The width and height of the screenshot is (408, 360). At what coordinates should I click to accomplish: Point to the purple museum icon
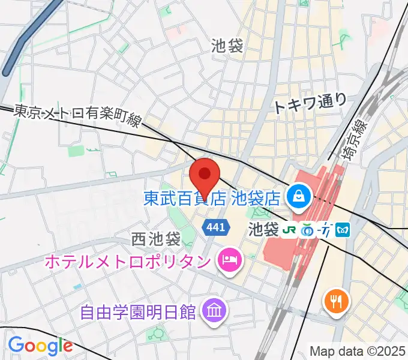(213, 310)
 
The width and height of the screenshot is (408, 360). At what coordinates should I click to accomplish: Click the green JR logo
(290, 229)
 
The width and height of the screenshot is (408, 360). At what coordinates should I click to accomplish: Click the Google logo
(40, 346)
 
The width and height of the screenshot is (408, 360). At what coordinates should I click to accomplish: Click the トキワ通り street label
(310, 103)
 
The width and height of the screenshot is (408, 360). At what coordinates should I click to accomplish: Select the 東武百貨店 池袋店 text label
(212, 197)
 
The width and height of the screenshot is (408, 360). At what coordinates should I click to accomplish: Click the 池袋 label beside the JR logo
(263, 230)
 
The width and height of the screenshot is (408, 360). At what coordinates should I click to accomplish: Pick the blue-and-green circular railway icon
(308, 229)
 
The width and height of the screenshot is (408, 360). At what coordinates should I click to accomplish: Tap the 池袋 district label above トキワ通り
(227, 46)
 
